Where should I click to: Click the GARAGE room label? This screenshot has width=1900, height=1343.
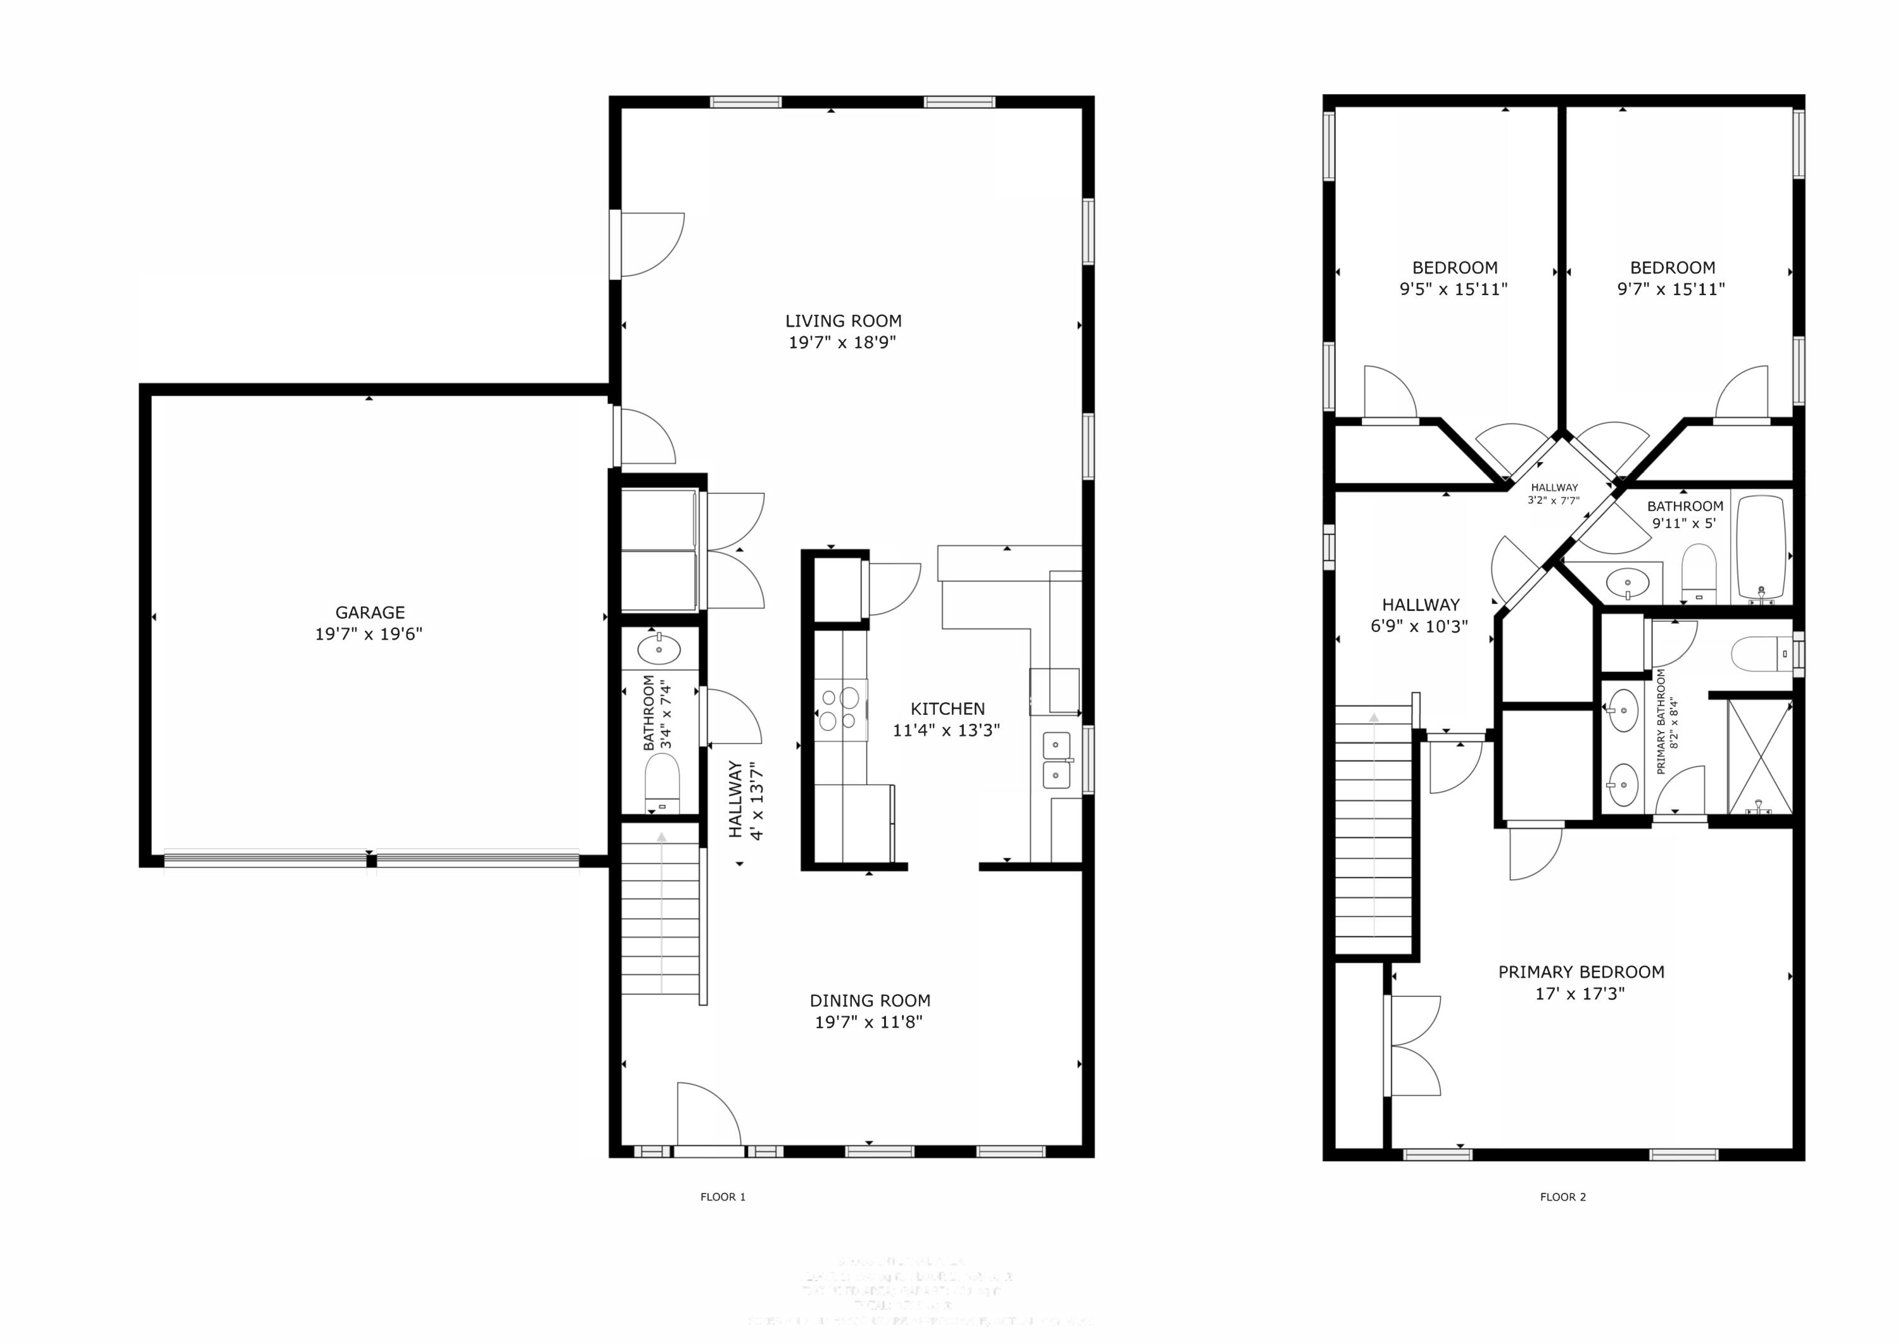click(370, 612)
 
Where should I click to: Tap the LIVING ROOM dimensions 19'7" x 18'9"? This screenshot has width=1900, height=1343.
click(842, 343)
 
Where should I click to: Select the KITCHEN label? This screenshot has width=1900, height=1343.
click(947, 709)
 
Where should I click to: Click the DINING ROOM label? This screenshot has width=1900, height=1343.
click(869, 1000)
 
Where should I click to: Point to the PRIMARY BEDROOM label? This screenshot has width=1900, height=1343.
click(1581, 973)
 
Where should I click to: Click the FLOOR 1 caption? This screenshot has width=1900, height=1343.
click(723, 1197)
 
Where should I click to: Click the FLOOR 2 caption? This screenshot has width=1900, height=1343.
click(1562, 1197)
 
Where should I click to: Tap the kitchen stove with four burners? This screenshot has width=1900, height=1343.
click(839, 709)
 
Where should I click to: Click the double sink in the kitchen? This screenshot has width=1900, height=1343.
click(1056, 760)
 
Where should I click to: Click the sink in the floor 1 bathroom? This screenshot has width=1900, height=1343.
click(659, 650)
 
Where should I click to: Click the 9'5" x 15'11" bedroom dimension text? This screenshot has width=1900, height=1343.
click(1453, 289)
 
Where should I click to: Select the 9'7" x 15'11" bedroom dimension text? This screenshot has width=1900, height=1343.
click(1671, 289)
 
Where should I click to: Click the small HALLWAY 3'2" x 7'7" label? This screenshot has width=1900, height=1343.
click(1554, 494)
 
